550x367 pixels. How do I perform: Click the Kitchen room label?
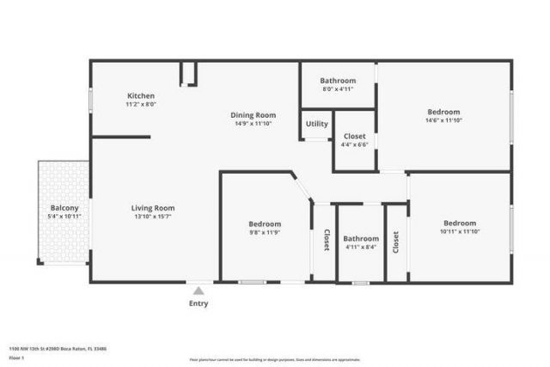point(141,95)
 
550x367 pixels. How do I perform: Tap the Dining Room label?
point(253,115)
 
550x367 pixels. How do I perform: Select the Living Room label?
point(153,208)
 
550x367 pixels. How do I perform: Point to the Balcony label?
point(64,208)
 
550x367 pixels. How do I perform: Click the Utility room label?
point(317,124)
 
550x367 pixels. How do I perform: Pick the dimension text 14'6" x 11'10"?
point(443,120)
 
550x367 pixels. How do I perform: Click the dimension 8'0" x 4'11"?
point(338,88)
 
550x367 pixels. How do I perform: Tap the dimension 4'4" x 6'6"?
point(355,144)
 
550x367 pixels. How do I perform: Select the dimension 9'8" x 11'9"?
point(265,233)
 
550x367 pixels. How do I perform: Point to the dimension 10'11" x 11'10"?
point(460,231)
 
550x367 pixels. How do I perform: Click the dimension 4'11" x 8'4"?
point(361,248)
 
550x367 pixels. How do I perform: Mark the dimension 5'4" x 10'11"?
point(64,217)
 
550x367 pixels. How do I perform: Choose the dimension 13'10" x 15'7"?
point(153,217)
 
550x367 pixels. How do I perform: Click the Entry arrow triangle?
point(199,291)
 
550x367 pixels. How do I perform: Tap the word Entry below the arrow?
point(199,303)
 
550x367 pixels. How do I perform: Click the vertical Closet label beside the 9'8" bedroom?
point(327,240)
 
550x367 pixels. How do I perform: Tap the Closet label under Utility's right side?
point(355,136)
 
